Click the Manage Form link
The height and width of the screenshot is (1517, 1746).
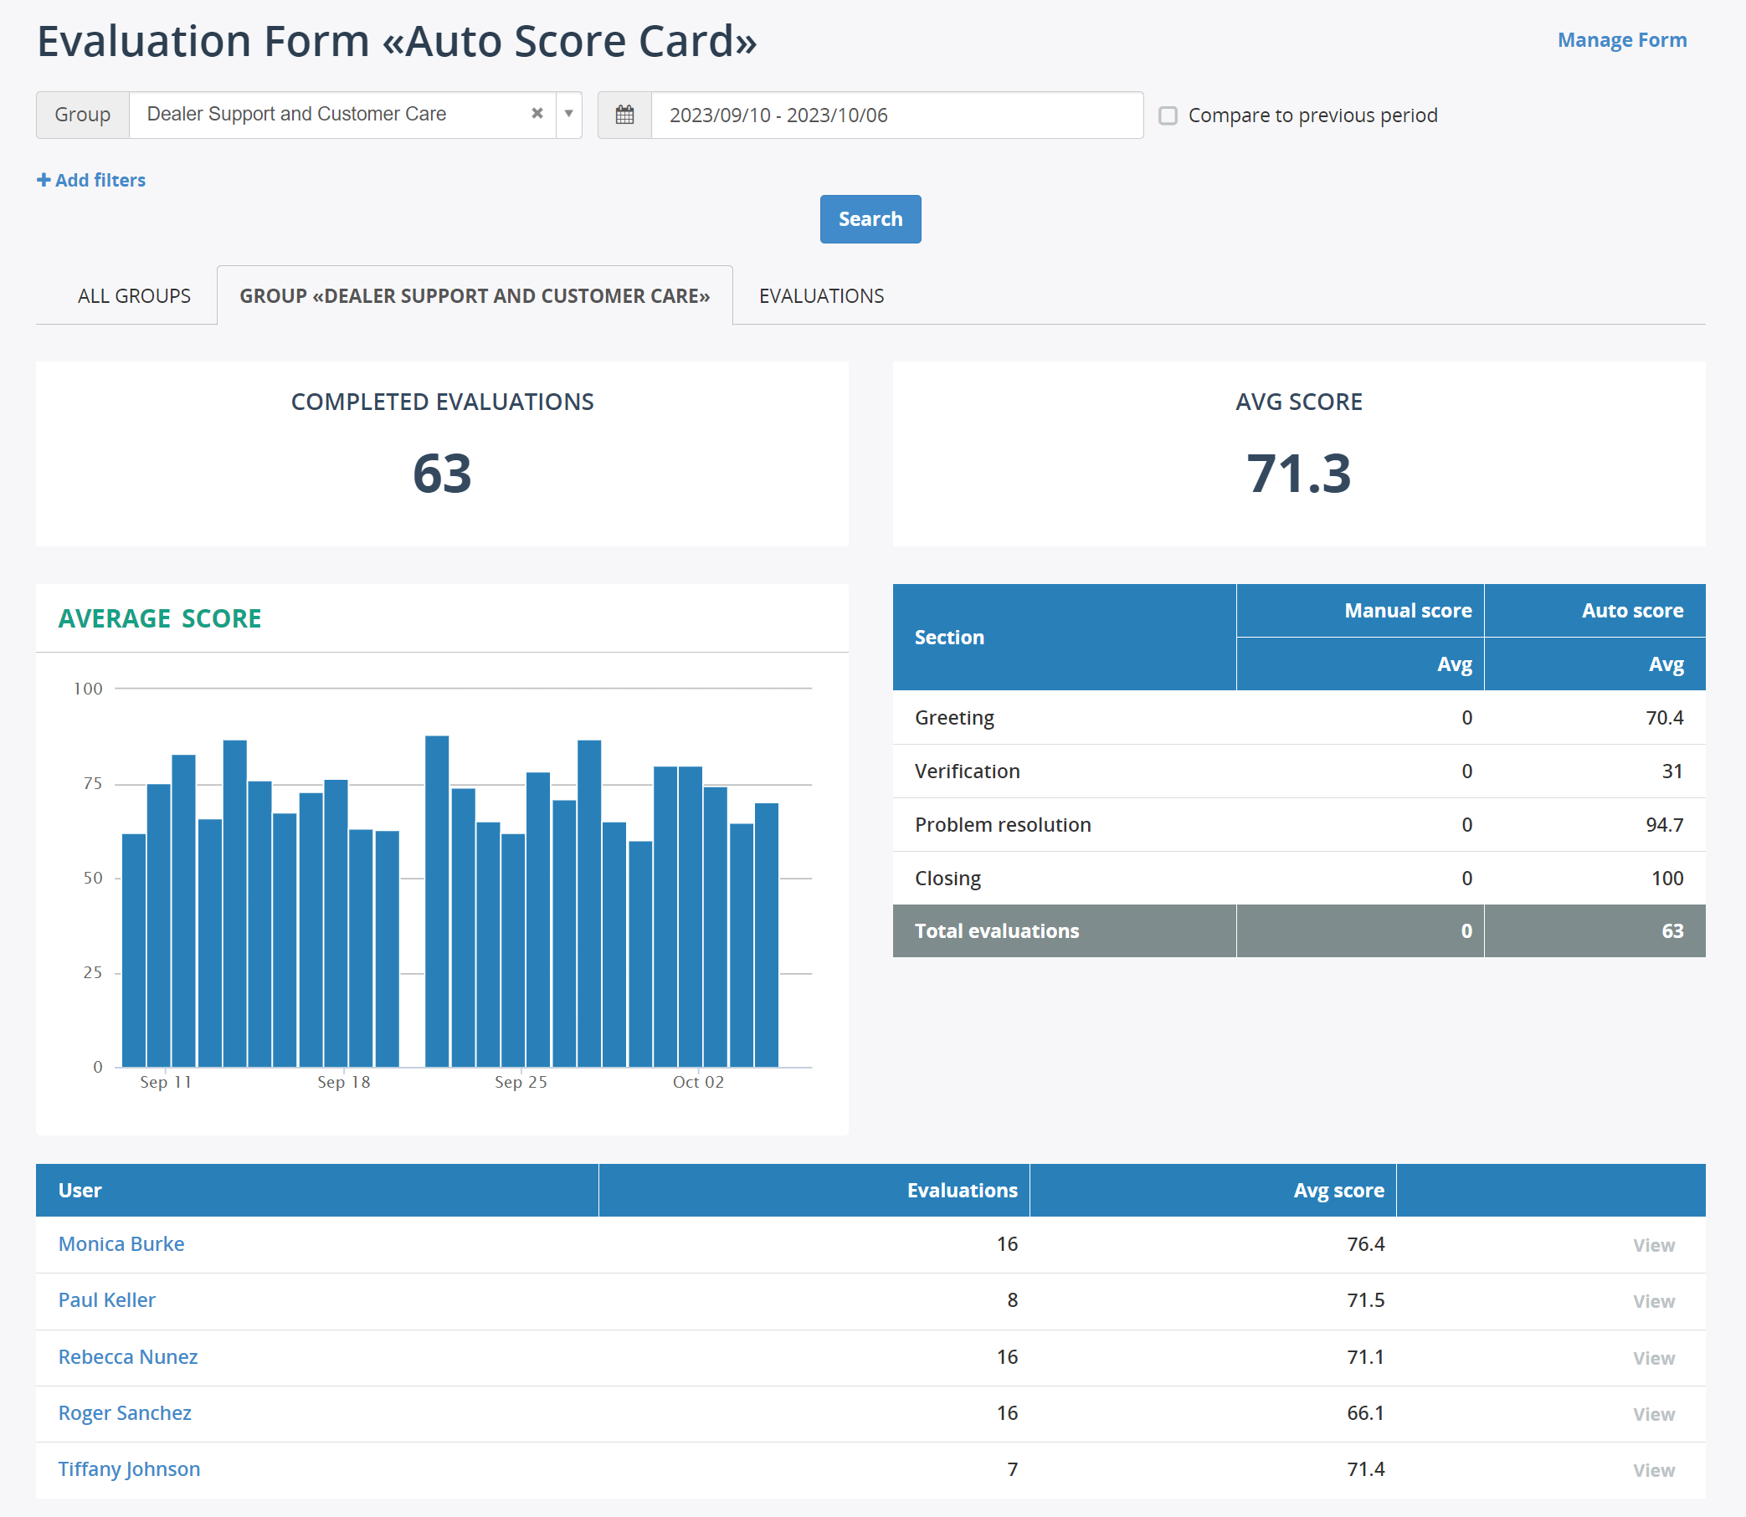(1621, 40)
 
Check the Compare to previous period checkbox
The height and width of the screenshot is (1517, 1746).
(1168, 115)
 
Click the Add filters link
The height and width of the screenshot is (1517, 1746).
(91, 180)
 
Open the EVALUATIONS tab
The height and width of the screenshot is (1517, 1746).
(820, 295)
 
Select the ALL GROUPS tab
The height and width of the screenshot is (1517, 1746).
(134, 295)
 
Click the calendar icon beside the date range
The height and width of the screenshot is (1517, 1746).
(624, 115)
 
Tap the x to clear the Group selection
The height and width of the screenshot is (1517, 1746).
(536, 114)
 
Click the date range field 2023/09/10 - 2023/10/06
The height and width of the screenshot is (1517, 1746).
(896, 115)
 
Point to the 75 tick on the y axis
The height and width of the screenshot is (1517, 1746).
(92, 783)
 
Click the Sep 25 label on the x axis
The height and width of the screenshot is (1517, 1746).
(521, 1082)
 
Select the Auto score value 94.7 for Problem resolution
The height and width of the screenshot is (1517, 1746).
(1664, 824)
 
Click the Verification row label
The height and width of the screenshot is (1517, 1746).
(967, 771)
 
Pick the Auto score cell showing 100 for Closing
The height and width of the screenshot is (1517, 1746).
(1666, 878)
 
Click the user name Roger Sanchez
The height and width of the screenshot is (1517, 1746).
(125, 1413)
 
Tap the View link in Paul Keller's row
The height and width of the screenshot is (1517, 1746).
(1653, 1301)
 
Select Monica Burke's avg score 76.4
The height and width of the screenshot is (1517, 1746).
(1365, 1243)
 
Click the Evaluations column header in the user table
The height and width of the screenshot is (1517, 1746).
(962, 1190)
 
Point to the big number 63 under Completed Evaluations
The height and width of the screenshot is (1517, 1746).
(441, 474)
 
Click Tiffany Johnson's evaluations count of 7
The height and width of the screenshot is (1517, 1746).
(1012, 1468)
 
